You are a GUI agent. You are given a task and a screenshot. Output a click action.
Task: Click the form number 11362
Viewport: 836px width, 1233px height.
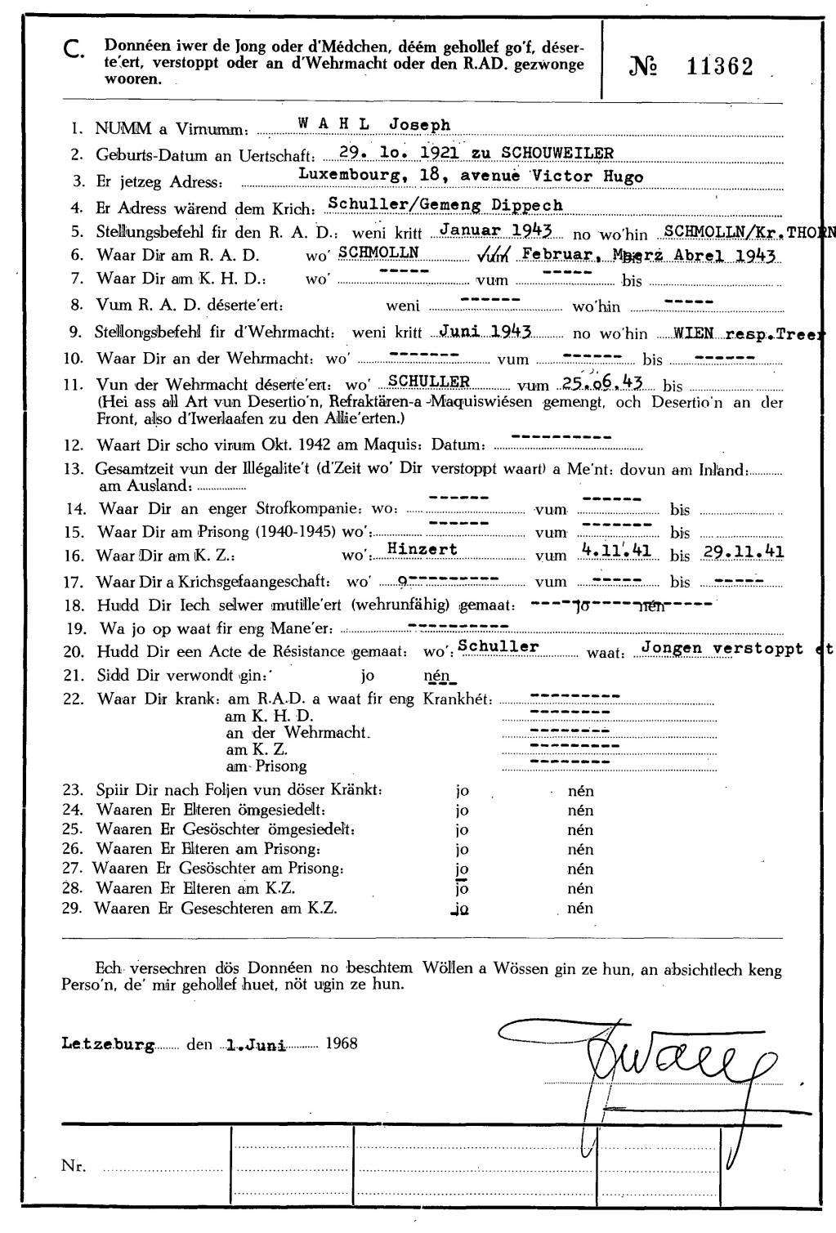click(719, 67)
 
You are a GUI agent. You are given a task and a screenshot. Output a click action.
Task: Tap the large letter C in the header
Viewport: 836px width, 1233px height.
click(73, 51)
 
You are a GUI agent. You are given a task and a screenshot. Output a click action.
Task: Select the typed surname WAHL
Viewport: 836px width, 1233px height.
click(333, 124)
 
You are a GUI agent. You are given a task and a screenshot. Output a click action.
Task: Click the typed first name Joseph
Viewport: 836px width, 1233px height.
click(419, 125)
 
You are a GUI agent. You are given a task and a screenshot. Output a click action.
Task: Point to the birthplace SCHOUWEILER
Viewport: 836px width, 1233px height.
click(557, 152)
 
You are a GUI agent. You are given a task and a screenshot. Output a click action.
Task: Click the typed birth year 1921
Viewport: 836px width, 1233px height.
click(440, 152)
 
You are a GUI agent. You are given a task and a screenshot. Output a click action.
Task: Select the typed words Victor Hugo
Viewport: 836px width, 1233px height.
click(587, 176)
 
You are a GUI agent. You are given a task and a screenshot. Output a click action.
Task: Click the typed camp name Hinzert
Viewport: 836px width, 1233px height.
click(422, 549)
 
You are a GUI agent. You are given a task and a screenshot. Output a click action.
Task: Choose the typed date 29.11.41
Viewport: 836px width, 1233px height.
click(744, 552)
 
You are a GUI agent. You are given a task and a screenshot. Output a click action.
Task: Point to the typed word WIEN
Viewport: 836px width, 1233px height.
click(693, 333)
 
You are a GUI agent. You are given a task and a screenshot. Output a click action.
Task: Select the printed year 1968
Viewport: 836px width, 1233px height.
click(342, 1043)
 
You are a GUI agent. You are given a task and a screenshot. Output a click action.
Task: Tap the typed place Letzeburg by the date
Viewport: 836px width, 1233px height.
click(108, 1044)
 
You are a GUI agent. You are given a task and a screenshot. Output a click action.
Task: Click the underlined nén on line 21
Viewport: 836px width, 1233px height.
click(438, 676)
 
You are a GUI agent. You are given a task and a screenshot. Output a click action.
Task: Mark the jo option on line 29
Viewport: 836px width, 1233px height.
click(462, 909)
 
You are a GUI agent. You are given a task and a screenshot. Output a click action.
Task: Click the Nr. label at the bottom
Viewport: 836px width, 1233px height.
click(74, 1166)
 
